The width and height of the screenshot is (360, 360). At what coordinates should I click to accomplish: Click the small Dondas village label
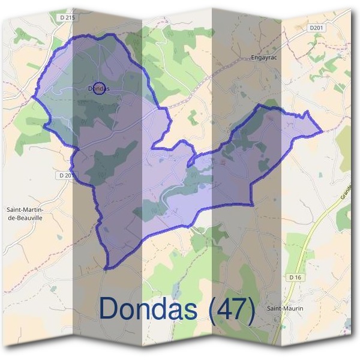(99, 89)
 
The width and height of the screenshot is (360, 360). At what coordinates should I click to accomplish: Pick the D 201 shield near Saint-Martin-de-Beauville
(67, 175)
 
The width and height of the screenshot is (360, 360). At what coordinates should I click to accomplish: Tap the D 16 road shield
(294, 277)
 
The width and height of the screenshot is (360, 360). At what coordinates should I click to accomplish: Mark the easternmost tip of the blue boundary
(323, 131)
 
